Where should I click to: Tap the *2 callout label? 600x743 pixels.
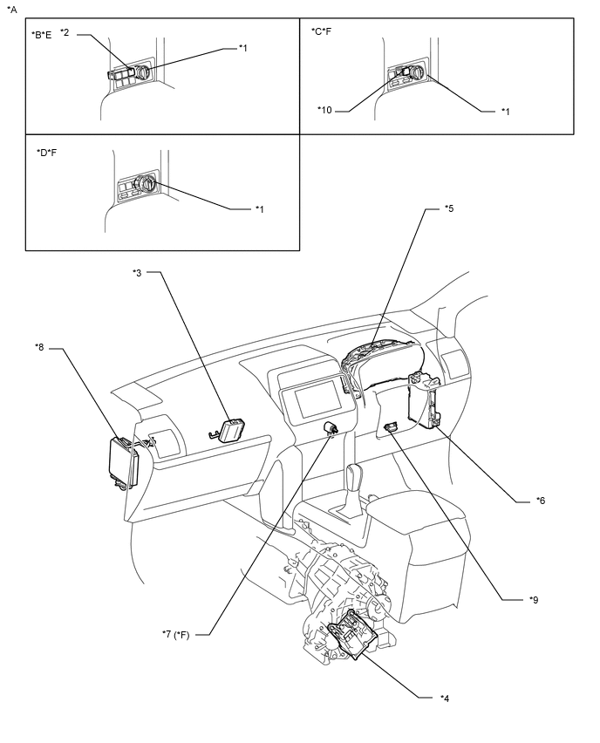[65, 31]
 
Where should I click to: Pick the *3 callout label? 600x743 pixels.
[137, 273]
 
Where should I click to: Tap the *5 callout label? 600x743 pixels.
[448, 208]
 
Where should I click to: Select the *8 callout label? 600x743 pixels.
[40, 348]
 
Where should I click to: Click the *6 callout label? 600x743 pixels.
[541, 501]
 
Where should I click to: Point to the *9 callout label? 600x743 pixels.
[533, 600]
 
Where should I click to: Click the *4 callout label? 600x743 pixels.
[445, 698]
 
